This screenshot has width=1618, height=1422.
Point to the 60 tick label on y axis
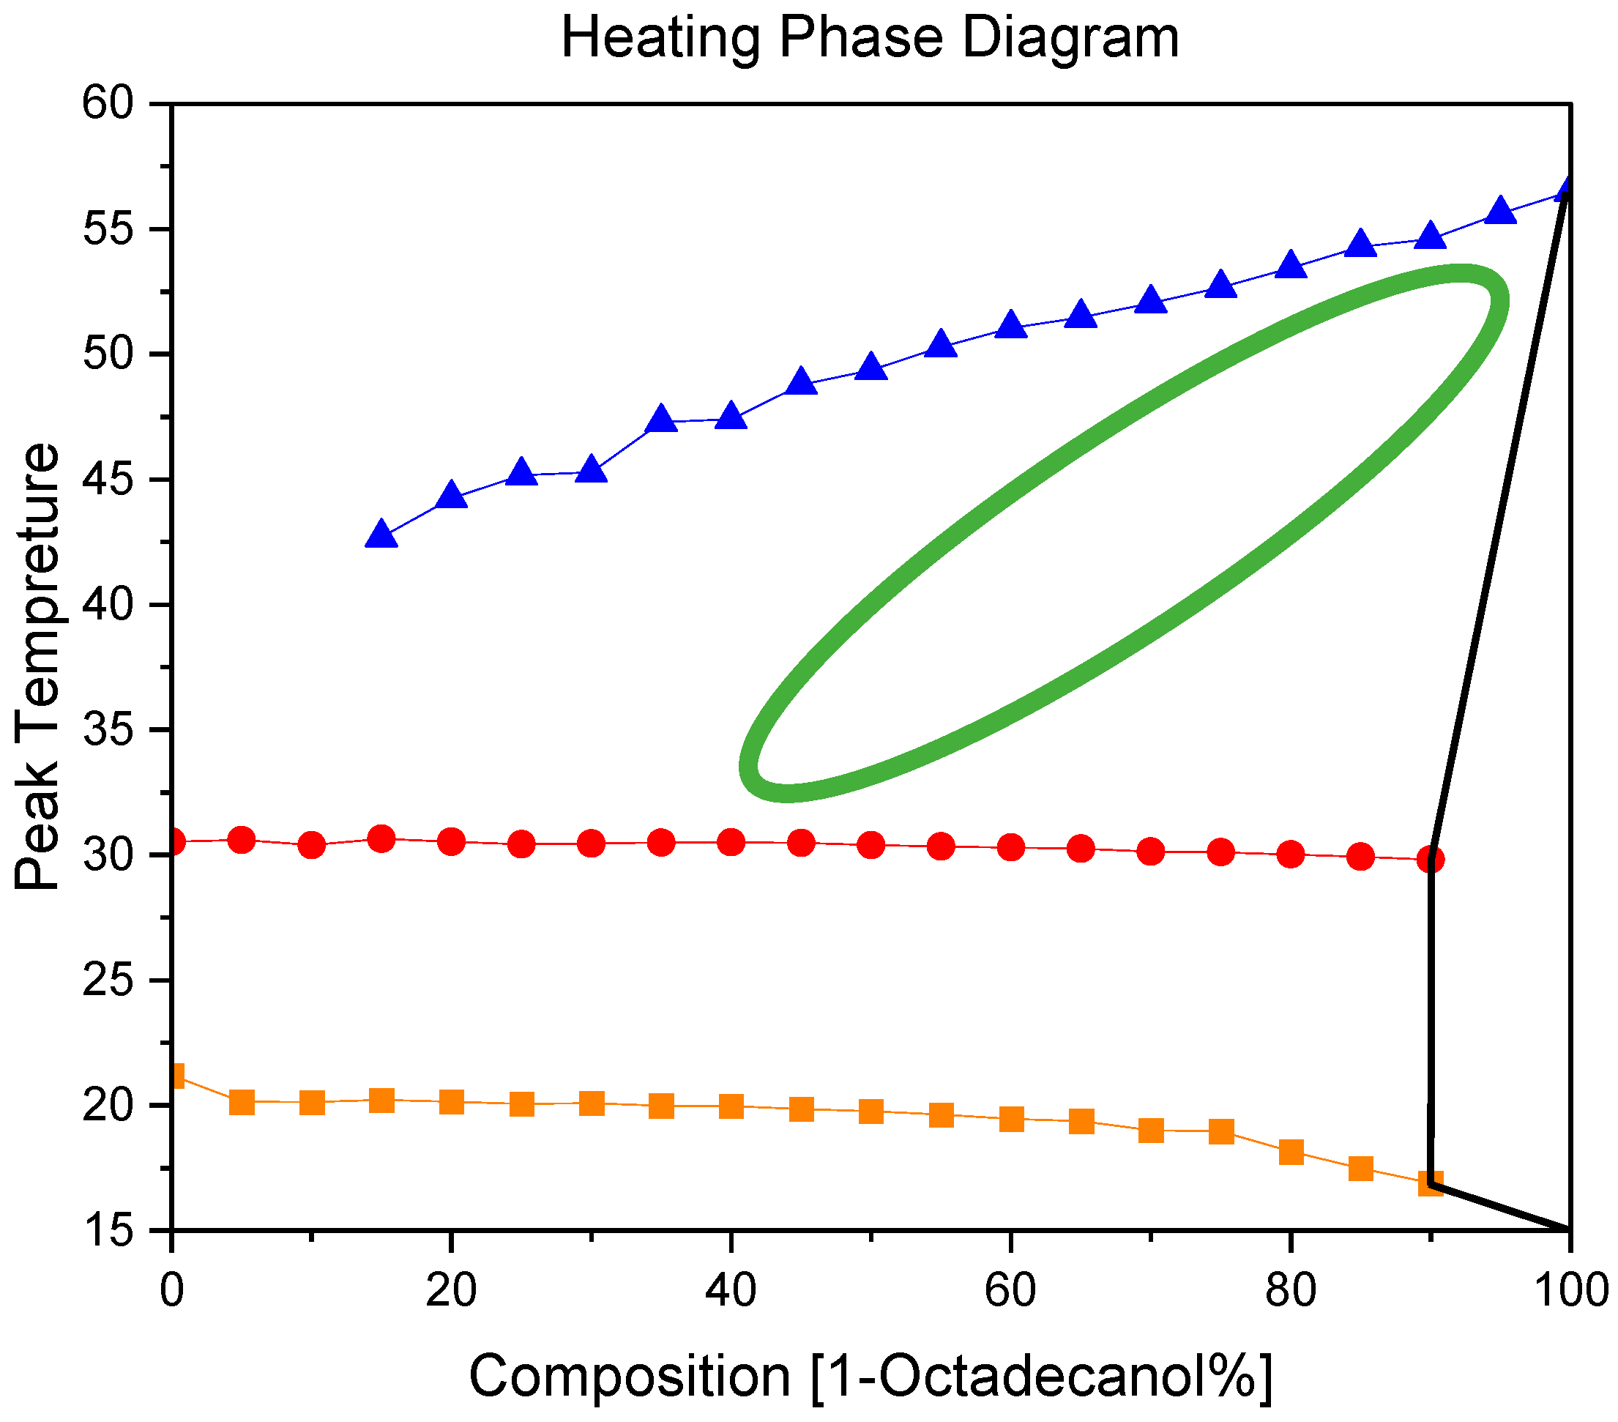tap(108, 104)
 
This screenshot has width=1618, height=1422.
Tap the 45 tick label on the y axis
tap(108, 480)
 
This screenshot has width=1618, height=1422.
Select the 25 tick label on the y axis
tap(108, 981)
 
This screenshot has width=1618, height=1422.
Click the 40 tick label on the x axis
tap(730, 1291)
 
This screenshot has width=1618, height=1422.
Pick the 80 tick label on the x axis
tap(1289, 1291)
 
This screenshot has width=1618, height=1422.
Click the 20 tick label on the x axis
tap(450, 1291)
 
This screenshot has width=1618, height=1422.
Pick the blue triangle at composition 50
tap(870, 368)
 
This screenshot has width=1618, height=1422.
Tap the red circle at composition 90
tap(1430, 859)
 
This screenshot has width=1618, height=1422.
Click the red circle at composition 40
tap(730, 842)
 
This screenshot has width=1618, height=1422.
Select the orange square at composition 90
tap(1430, 1185)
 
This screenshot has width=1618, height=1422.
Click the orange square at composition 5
tap(242, 1102)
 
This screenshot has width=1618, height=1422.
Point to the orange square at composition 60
tap(1011, 1120)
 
